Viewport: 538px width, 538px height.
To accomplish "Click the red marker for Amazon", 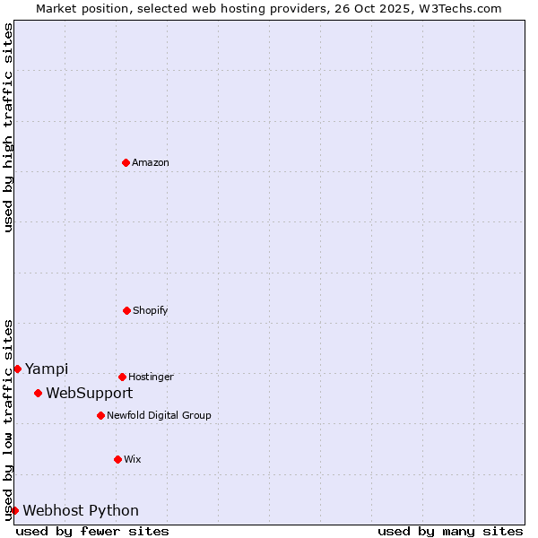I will tap(126, 162).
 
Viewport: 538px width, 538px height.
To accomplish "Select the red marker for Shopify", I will tap(126, 310).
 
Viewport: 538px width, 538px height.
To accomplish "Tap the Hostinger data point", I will tap(122, 377).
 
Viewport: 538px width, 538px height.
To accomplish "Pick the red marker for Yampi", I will tap(17, 369).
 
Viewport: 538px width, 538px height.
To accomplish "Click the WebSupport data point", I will tap(38, 393).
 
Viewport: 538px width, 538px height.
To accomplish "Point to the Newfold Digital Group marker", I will tap(100, 415).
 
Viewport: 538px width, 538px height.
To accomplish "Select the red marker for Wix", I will tap(117, 459).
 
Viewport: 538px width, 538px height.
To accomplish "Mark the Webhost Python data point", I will tap(14, 510).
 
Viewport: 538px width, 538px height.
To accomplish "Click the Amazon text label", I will tap(151, 162).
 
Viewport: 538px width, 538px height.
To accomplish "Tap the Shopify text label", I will tap(151, 310).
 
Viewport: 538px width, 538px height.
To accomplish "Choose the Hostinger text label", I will tap(151, 377).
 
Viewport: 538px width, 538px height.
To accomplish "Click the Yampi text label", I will tap(47, 369).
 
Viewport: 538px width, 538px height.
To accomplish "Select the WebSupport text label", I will tap(90, 393).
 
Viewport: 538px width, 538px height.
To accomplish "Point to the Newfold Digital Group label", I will tap(159, 415).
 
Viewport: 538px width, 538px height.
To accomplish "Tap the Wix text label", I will tap(133, 459).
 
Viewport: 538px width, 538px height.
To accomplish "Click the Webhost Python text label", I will tap(81, 510).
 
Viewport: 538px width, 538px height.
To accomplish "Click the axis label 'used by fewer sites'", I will tap(92, 531).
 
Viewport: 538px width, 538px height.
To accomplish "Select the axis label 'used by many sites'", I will tap(450, 531).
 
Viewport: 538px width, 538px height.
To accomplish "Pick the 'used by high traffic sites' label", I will tap(8, 127).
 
